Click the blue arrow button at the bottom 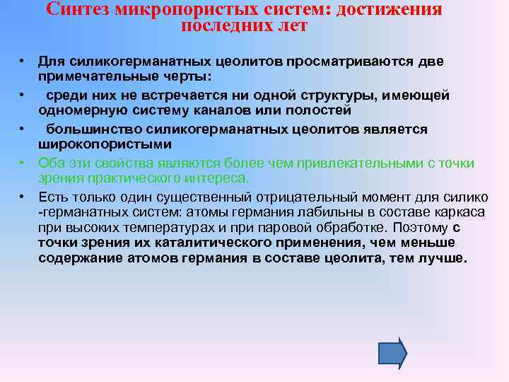pyautogui.click(x=393, y=352)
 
